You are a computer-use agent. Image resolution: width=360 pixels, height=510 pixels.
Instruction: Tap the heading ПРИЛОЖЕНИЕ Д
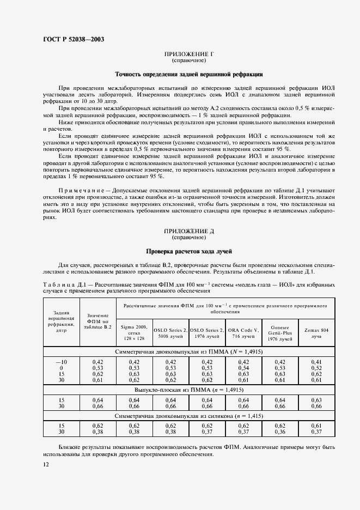pos(188,232)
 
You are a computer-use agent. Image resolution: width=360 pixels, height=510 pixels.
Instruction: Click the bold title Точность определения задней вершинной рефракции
pos(188,74)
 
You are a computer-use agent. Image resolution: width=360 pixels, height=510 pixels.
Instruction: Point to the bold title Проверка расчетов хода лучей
pos(188,251)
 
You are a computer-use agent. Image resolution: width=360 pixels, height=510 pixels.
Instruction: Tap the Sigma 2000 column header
pos(135,331)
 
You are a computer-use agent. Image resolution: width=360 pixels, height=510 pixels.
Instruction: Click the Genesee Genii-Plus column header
pos(279,331)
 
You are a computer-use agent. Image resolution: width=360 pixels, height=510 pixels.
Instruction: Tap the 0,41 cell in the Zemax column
pos(316,362)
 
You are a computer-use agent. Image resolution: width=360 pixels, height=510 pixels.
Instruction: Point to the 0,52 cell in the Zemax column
pos(316,368)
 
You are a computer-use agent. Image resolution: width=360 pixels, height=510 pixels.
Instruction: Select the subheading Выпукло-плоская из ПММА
pos(188,391)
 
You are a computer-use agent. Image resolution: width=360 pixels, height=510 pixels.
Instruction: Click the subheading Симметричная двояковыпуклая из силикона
pos(188,416)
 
